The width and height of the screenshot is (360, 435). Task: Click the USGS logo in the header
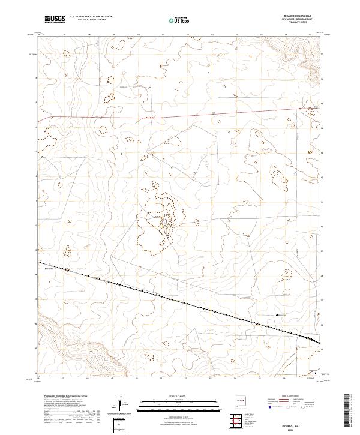pyautogui.click(x=55, y=20)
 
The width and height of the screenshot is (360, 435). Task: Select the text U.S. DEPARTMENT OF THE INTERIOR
pyautogui.click(x=91, y=17)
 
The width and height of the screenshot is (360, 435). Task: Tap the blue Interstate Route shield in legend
pyautogui.click(x=271, y=407)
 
